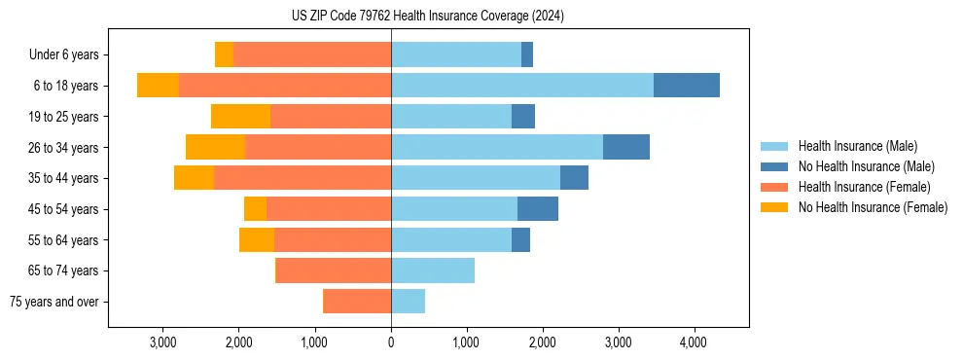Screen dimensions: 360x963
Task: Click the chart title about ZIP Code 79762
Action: [x=427, y=16]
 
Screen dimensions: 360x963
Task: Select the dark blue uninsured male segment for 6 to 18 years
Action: [x=687, y=86]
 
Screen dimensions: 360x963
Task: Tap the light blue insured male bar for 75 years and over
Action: [x=408, y=302]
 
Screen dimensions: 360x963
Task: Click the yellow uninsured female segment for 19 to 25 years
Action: [x=240, y=117]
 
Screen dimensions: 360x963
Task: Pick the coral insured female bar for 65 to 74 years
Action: [x=334, y=270]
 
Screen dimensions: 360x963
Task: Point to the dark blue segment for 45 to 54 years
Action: [x=538, y=209]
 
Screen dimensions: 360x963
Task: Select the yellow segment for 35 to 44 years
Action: [x=194, y=178]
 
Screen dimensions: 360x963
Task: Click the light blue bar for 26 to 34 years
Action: [x=497, y=147]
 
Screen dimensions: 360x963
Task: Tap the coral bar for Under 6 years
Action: [x=312, y=54]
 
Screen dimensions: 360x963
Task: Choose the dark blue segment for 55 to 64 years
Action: [x=520, y=239]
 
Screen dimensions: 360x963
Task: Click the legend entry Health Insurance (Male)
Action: [x=857, y=146]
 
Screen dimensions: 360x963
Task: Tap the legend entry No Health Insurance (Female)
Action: [x=872, y=207]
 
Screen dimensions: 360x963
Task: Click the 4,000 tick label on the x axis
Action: [x=693, y=342]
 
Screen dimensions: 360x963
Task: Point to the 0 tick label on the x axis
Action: [x=391, y=342]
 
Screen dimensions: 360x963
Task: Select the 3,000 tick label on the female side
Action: [x=163, y=342]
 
